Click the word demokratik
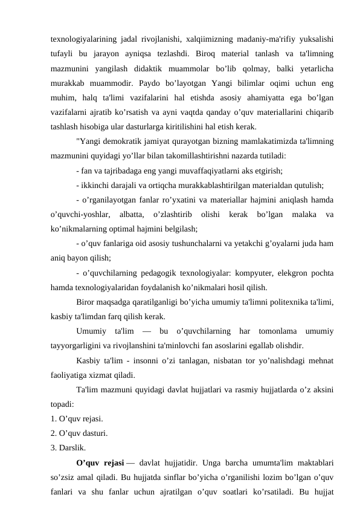[x=121, y=141]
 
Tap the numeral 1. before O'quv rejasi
[x=54, y=419]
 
